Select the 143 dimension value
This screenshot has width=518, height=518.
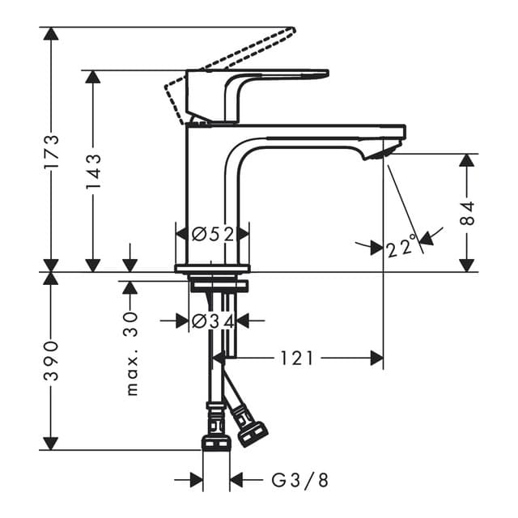coord(93,171)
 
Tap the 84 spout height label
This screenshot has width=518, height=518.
coord(467,212)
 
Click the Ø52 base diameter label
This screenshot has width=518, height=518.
coord(213,234)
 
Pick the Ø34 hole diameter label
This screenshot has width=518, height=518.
coord(213,321)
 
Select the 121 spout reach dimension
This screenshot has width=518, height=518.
coord(297,358)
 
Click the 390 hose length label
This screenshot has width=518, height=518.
coord(51,361)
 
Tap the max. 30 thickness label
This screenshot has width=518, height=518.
coord(132,354)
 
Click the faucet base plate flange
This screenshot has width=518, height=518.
coord(212,269)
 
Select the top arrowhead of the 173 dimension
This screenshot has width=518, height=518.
coord(51,34)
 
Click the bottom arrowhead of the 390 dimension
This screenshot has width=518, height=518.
coord(51,443)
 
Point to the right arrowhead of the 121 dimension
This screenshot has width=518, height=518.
coord(376,358)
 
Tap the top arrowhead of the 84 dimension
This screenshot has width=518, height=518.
coord(467,159)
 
